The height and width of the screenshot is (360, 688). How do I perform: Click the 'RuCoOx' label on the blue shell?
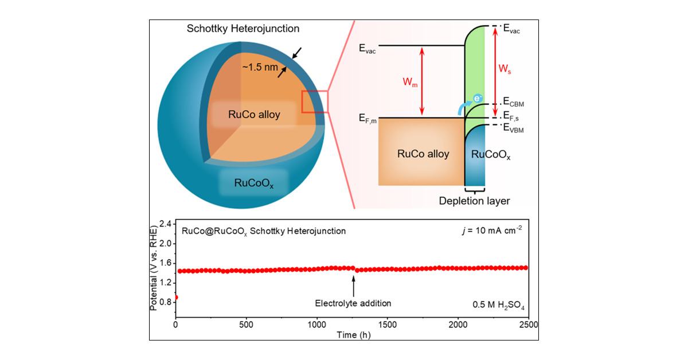pos(254,183)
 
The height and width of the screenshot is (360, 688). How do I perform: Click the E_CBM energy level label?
pos(513,103)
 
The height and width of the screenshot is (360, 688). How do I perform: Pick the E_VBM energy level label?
pos(513,130)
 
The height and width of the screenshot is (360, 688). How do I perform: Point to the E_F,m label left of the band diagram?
pos(366,119)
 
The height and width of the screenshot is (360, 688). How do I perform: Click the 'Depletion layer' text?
pos(474,201)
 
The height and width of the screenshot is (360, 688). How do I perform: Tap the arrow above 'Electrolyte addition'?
pos(353,283)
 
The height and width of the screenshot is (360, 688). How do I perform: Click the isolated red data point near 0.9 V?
pos(175,297)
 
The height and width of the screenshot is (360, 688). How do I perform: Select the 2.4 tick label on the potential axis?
pos(166,224)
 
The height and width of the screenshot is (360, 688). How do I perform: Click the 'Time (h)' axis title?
pos(351,334)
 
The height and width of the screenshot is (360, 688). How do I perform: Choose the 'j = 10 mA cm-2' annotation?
pos(489,231)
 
